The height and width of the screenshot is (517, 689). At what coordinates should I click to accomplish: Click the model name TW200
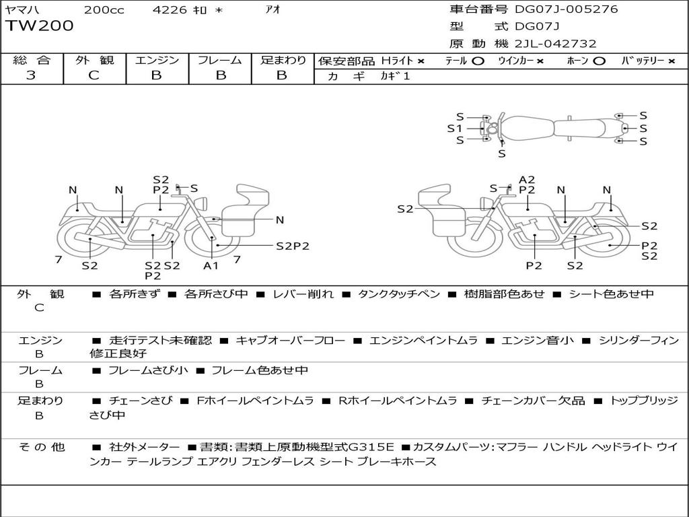[x=40, y=26]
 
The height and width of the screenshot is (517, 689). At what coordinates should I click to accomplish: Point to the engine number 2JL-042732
[x=556, y=44]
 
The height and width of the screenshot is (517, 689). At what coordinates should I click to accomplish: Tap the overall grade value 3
[x=31, y=75]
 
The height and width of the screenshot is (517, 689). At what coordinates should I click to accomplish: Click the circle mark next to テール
[x=478, y=61]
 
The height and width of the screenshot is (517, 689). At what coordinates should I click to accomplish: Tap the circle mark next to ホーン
[x=598, y=61]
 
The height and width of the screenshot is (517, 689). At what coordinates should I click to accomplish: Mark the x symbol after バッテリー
[x=671, y=61]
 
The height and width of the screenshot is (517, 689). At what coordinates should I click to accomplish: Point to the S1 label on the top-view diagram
[x=455, y=129]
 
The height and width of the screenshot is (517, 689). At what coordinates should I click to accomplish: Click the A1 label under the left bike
[x=211, y=265]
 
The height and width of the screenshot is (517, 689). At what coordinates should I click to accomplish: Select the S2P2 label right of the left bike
[x=293, y=246]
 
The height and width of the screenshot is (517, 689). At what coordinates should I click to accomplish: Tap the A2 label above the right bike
[x=527, y=180]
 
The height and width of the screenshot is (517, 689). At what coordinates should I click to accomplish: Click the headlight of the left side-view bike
[x=202, y=204]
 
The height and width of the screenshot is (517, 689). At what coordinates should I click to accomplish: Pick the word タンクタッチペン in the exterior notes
[x=399, y=294]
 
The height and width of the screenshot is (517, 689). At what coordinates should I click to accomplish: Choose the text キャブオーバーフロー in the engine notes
[x=291, y=340]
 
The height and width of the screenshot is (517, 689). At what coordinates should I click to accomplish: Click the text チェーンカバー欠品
[x=533, y=401]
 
